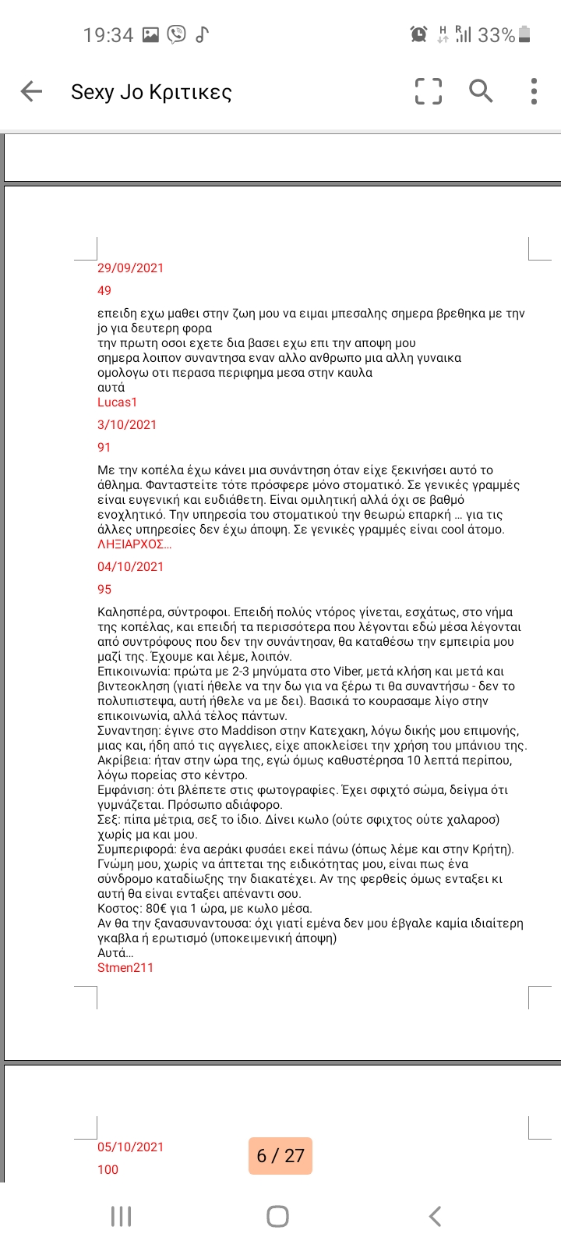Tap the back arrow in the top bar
(31, 91)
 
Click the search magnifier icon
(481, 91)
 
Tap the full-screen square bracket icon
(428, 91)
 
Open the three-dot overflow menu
(534, 91)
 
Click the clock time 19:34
(108, 35)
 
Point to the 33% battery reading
(496, 35)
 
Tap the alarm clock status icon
(418, 34)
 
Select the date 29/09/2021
(130, 268)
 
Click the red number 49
(104, 291)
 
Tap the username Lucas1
(117, 402)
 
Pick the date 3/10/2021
(127, 425)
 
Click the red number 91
(104, 448)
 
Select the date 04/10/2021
(130, 567)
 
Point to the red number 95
(104, 590)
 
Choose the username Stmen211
(125, 968)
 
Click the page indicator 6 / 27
(280, 1156)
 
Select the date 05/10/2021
(130, 1147)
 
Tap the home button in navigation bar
(277, 1216)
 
